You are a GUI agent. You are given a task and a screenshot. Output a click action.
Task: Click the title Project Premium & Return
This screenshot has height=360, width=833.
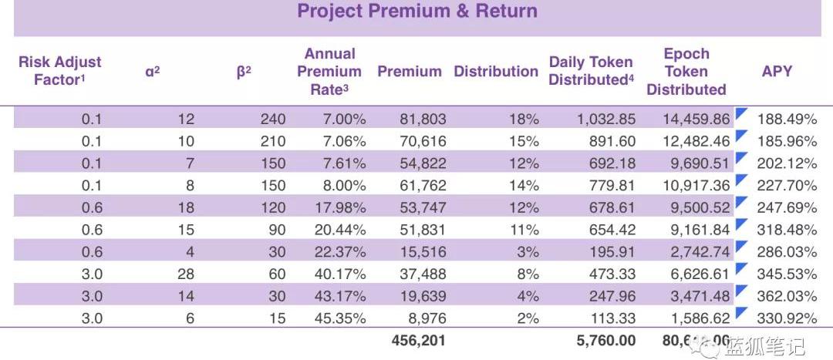coord(416,12)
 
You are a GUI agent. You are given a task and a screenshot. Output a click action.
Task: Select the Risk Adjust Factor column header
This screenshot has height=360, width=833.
coord(59,71)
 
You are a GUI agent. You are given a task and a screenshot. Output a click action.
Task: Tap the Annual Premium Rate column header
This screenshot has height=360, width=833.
coord(329,71)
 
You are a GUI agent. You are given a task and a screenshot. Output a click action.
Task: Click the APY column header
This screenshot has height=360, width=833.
coord(777,71)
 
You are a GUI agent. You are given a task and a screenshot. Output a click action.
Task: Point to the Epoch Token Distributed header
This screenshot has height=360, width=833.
coord(686,71)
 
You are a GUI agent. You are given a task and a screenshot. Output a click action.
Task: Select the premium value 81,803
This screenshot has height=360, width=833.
coord(423,119)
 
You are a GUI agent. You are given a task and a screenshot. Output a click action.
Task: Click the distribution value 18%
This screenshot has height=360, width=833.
coord(527,119)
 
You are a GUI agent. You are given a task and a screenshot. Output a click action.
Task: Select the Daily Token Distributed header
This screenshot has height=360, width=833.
coord(591,71)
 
